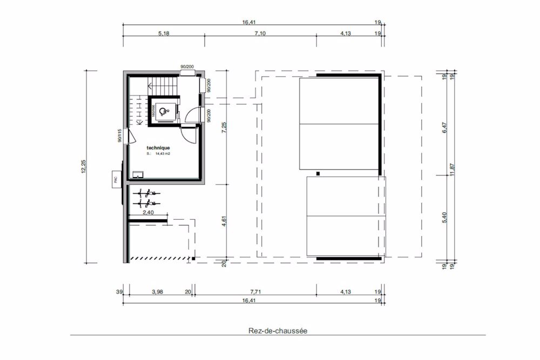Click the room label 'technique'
(x=158, y=147)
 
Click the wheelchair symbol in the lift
(x=166, y=111)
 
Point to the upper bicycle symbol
(x=146, y=193)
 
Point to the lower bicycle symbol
(x=146, y=203)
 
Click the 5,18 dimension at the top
(x=164, y=33)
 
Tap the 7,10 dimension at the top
(x=259, y=33)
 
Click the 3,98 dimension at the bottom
(x=157, y=292)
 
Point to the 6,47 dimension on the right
(x=444, y=129)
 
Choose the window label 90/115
(x=119, y=135)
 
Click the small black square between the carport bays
(x=318, y=173)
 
